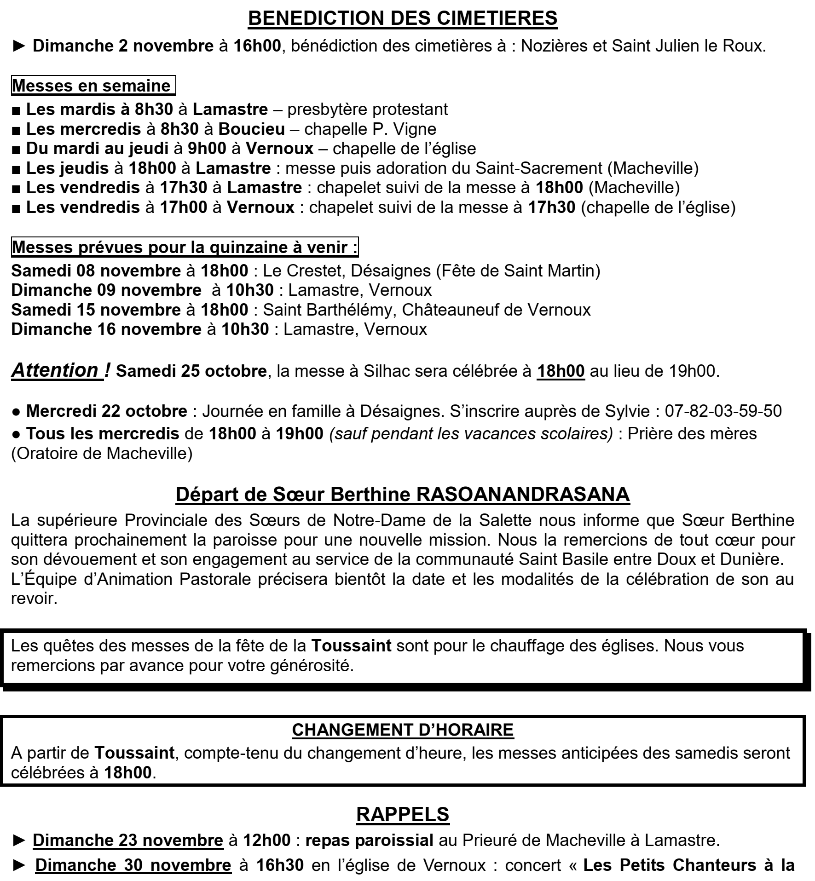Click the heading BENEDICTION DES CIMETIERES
click(403, 18)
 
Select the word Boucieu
click(251, 129)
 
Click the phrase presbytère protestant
click(367, 109)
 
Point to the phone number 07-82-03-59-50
click(723, 411)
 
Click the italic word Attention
click(55, 370)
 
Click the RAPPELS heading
click(403, 815)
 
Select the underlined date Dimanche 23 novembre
click(128, 841)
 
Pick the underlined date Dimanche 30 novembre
click(133, 865)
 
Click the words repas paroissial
click(369, 841)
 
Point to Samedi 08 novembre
click(96, 271)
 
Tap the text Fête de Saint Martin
click(518, 271)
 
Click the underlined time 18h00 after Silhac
click(561, 371)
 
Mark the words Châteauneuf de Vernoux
click(496, 310)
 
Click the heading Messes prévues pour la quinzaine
click(184, 248)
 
